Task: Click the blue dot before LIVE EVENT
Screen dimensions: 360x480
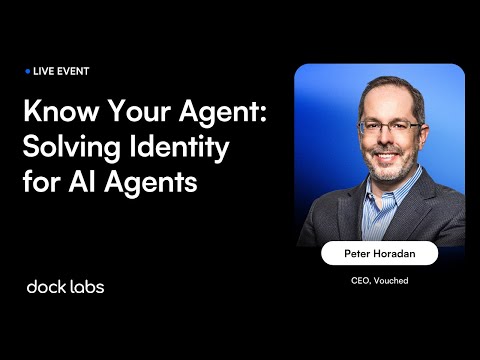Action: pos(27,72)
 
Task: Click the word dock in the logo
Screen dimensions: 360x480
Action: pos(47,287)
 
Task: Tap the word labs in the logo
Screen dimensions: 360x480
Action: pos(87,287)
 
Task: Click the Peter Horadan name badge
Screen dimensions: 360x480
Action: pos(379,254)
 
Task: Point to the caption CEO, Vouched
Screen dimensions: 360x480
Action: pos(380,281)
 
